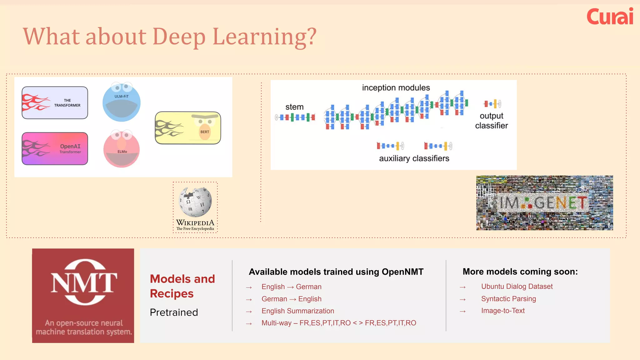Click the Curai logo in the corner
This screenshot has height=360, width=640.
pos(610,17)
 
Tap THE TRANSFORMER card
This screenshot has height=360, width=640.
pos(55,103)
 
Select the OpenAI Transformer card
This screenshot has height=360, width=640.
pos(55,149)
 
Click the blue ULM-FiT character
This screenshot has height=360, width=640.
pos(122,102)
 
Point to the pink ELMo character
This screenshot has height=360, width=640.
pos(122,149)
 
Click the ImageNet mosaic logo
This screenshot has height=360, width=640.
pos(544,203)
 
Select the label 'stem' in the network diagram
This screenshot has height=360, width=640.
pos(294,107)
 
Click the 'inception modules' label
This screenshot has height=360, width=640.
pos(396,88)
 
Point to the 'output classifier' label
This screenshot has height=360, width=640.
pos(491,121)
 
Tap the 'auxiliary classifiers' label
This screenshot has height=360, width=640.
pos(414,158)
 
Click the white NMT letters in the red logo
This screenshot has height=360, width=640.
pos(84,282)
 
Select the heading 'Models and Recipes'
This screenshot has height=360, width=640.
pos(182,286)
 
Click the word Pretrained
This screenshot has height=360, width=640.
pos(174,312)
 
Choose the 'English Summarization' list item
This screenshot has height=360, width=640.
pos(297,311)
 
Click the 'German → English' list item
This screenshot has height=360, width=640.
pos(291,299)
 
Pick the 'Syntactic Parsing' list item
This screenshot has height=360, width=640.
pos(508,299)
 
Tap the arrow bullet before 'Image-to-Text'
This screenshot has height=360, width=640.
pos(462,312)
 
